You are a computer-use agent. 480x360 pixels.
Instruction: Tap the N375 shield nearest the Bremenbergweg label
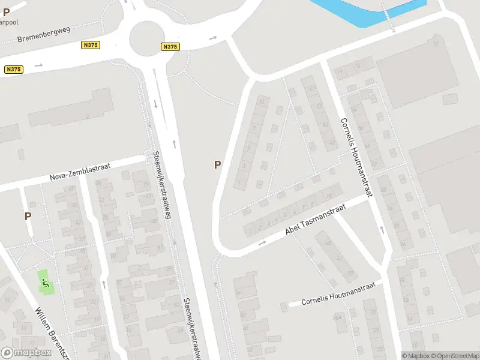pos(91,45)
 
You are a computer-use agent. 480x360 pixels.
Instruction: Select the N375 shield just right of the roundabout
pos(170,47)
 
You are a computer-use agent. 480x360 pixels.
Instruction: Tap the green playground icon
pos(44,281)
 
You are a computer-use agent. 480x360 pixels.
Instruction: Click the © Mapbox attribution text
pos(414,355)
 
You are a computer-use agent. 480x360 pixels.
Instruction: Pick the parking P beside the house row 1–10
pos(217,164)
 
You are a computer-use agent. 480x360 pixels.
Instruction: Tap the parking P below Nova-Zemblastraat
pos(28,216)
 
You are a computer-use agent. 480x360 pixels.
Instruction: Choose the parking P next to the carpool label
pos(6,11)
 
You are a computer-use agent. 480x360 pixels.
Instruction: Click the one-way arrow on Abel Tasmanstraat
pos(262,243)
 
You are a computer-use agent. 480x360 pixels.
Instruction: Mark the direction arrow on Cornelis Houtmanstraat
pos(382,229)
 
